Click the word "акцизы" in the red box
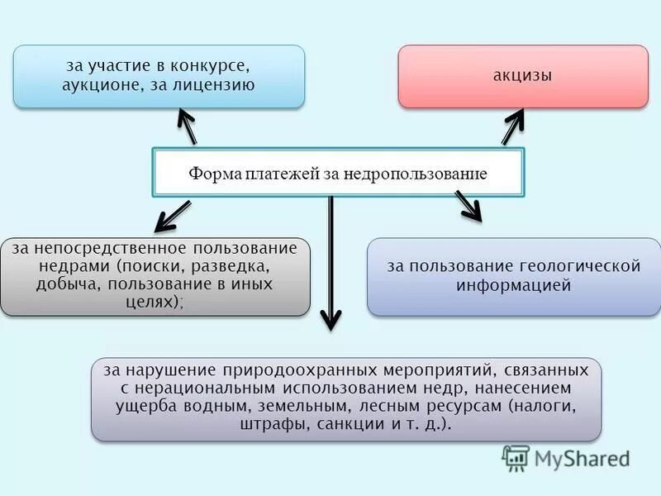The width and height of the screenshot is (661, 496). coord(523,75)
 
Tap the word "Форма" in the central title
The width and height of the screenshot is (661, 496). coord(214,174)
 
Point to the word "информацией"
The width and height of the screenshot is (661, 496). coord(514,286)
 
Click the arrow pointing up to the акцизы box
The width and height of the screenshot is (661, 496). coord(512,127)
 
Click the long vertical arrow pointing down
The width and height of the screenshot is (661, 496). coord(330,265)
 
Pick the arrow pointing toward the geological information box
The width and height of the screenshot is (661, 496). coord(469,207)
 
